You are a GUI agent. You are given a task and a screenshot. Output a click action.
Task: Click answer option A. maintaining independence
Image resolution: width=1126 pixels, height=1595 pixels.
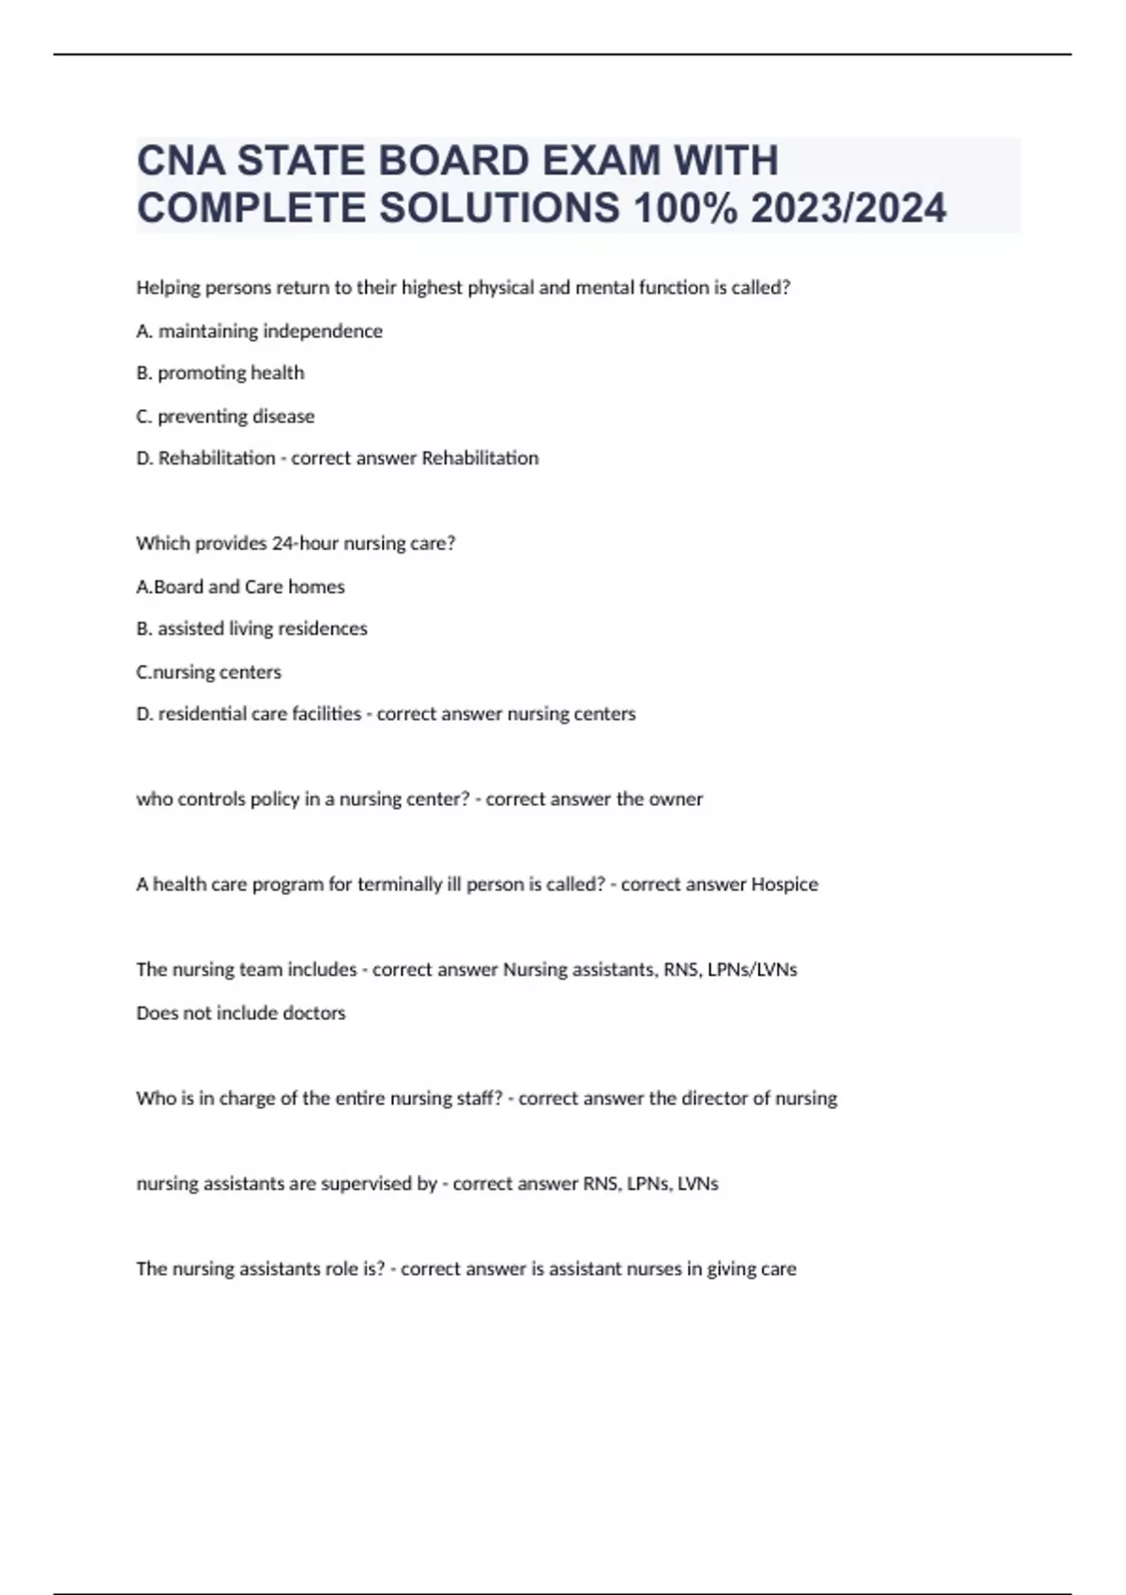[x=259, y=331]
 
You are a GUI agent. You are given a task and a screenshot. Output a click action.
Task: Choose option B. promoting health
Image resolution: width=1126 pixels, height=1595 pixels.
[x=221, y=373]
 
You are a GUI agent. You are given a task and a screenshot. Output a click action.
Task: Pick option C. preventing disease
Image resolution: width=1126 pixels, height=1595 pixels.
[x=225, y=416]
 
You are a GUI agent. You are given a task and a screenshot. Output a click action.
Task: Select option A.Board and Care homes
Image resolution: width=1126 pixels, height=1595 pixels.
[x=240, y=586]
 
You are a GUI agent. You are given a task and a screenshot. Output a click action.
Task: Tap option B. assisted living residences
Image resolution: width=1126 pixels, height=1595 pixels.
[x=251, y=629]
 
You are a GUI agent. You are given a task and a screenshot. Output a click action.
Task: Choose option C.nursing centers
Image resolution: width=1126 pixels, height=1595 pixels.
[x=208, y=672]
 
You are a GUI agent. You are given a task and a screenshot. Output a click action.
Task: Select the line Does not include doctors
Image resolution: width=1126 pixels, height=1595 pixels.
[x=240, y=1013]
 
